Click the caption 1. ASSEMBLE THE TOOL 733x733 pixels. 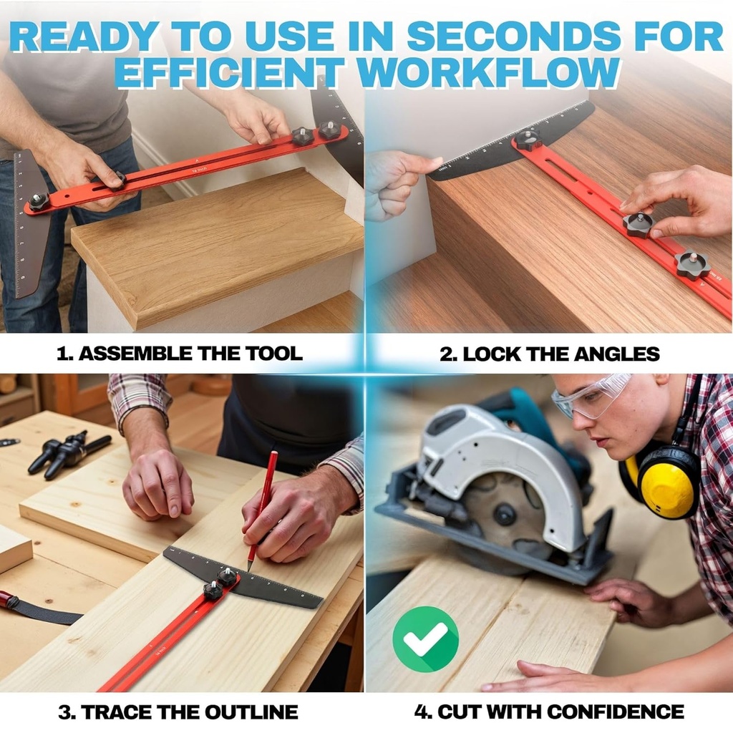(179, 354)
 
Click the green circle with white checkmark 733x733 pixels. (425, 639)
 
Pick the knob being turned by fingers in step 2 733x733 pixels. (638, 224)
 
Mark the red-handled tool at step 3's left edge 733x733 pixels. (9, 600)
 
